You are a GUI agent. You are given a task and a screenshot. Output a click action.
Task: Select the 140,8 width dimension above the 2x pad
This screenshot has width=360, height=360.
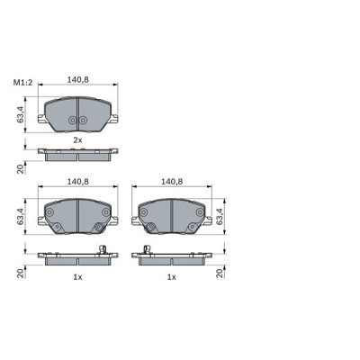coord(77,79)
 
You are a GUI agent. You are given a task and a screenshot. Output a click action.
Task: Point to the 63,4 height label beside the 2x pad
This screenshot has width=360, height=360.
coord(19,113)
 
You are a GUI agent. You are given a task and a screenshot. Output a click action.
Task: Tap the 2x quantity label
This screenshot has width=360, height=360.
coord(77,140)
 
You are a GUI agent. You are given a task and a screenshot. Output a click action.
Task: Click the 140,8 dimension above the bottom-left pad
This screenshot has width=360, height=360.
coord(77,182)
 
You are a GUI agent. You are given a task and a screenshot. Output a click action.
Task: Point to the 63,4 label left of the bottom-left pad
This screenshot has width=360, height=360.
coord(19,216)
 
